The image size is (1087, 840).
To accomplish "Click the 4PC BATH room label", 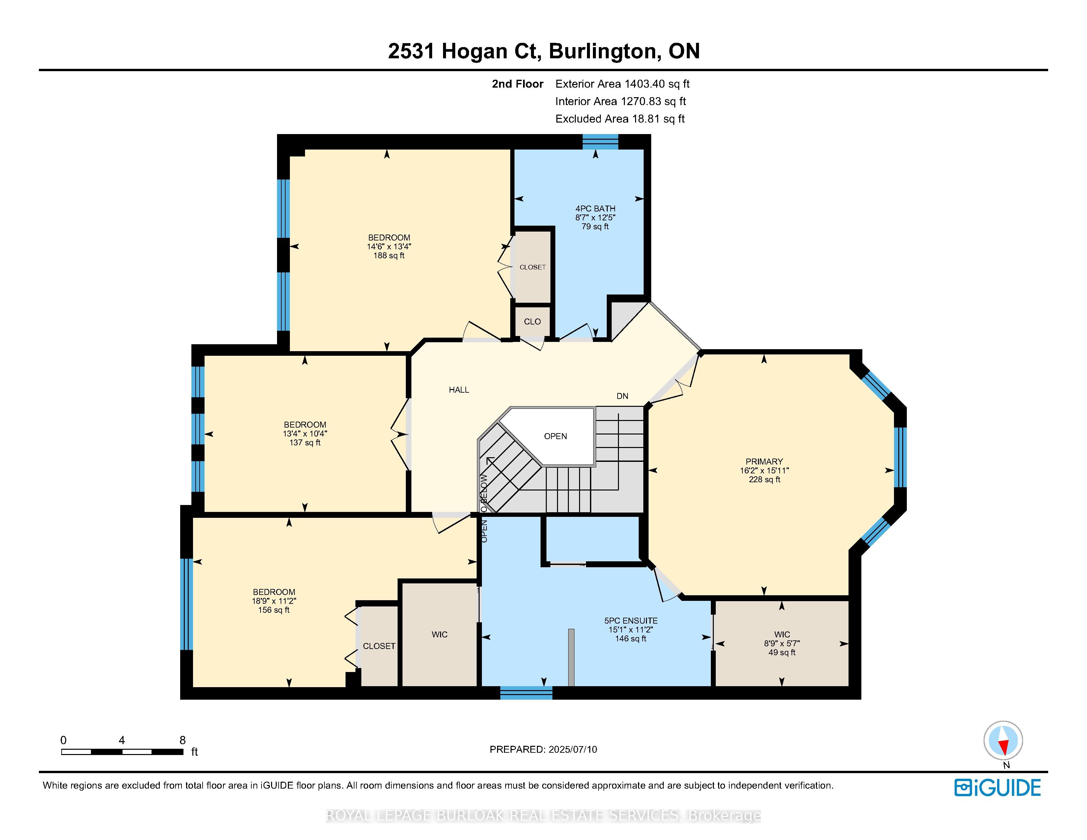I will tap(595, 209).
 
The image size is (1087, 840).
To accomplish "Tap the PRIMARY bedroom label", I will tap(764, 461).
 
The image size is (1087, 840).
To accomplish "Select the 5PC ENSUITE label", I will tap(630, 621).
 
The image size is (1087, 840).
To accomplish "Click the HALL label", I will tap(459, 390).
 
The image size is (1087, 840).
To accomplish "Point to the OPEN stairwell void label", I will tap(555, 436).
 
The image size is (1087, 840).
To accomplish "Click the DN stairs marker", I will tap(622, 396).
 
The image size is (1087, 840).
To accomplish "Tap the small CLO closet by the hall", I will tap(532, 322).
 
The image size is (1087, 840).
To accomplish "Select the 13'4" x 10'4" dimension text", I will tap(305, 434).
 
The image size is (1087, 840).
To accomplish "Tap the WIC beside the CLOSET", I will tap(439, 634).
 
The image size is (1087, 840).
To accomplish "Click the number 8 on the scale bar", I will tap(183, 740).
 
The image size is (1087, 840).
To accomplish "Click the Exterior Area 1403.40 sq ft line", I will tap(622, 84).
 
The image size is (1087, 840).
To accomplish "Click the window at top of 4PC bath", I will tap(600, 142).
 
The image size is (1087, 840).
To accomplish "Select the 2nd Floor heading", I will tap(517, 84).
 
